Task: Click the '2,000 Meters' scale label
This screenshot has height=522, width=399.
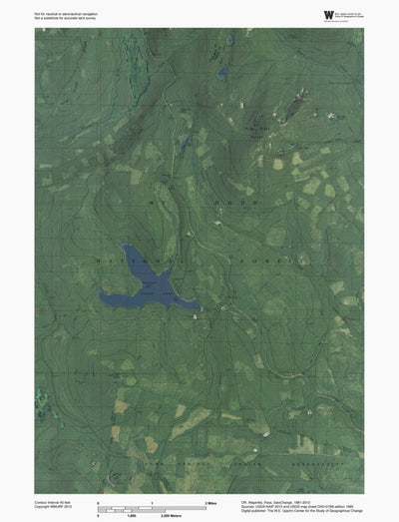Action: click(209, 514)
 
